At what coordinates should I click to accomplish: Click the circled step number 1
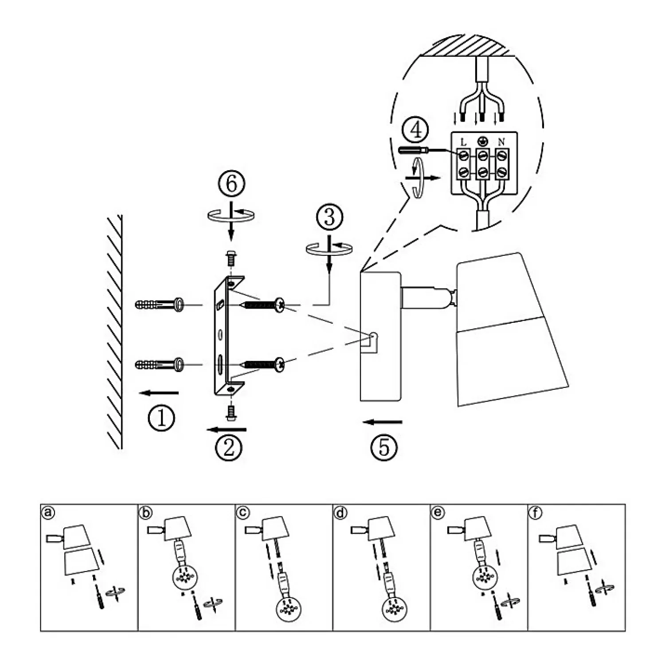pyautogui.click(x=161, y=418)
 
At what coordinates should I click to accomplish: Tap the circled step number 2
pyautogui.click(x=229, y=447)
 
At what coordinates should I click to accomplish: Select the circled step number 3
pyautogui.click(x=329, y=218)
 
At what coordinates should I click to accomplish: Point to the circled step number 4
pyautogui.click(x=415, y=130)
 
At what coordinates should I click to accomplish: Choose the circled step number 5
pyautogui.click(x=384, y=447)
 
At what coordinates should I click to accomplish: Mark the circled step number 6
pyautogui.click(x=231, y=184)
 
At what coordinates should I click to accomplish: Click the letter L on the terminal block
pyautogui.click(x=464, y=142)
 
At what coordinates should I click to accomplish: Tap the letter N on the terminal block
pyautogui.click(x=501, y=142)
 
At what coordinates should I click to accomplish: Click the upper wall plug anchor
pyautogui.click(x=159, y=305)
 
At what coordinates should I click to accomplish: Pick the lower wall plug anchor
pyautogui.click(x=159, y=364)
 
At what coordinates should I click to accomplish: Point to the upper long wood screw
pyautogui.click(x=262, y=305)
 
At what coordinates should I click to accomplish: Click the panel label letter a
pyautogui.click(x=48, y=513)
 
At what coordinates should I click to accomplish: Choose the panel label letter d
pyautogui.click(x=340, y=513)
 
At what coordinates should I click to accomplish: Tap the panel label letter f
pyautogui.click(x=536, y=513)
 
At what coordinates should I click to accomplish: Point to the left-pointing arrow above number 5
pyautogui.click(x=382, y=422)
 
